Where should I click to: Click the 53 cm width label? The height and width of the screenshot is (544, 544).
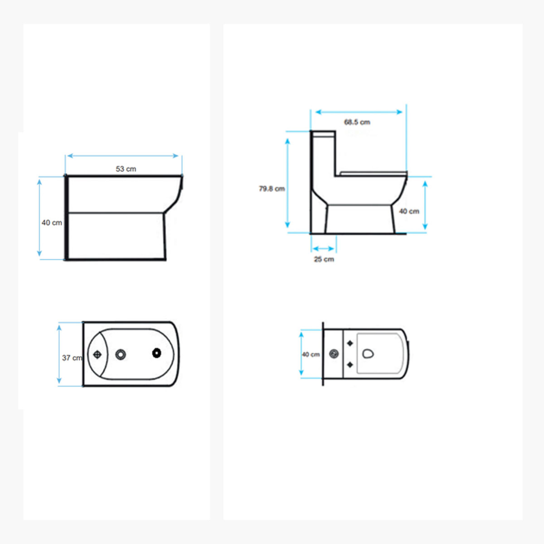pos(126,169)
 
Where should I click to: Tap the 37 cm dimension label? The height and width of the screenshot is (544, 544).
pos(72,358)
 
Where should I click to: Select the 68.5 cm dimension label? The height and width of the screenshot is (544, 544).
pos(357,122)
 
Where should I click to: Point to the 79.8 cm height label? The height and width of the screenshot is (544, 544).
pos(272,189)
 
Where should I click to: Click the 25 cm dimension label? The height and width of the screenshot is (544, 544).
pos(324,259)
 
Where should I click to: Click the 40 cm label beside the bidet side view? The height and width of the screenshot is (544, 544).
pos(52,223)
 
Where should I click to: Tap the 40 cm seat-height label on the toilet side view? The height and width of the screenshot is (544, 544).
pos(409,211)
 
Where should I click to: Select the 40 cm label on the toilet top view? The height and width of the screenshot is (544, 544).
pos(311,354)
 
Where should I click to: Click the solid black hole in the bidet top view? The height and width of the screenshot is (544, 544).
pos(157,353)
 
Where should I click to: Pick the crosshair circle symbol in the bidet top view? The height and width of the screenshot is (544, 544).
pos(97,355)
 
